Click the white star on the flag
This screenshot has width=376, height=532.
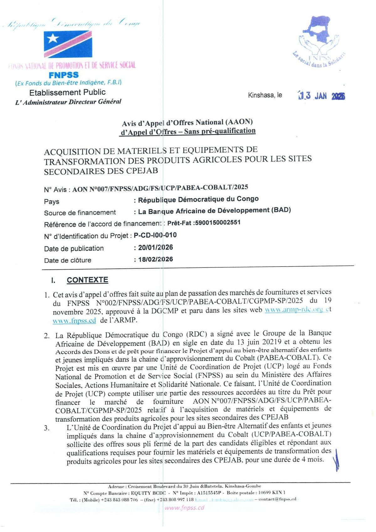[x=53, y=38]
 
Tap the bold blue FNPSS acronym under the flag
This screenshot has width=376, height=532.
[x=64, y=75]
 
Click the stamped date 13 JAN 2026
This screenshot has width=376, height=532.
[x=321, y=96]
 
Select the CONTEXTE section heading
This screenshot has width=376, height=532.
[x=87, y=280]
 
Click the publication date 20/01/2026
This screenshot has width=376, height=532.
[x=155, y=247]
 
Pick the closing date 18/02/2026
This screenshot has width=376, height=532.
[x=155, y=259]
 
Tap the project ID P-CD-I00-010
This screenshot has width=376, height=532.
[x=155, y=235]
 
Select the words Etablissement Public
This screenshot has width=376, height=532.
[x=67, y=92]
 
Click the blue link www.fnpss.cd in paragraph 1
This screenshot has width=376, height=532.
[x=74, y=321]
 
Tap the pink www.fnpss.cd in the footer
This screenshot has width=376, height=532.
[x=184, y=508]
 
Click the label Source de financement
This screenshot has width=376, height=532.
[x=80, y=212]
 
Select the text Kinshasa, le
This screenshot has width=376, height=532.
[x=265, y=95]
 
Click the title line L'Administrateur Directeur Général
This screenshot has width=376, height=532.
[x=68, y=102]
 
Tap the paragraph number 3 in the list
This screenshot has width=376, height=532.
[x=47, y=428]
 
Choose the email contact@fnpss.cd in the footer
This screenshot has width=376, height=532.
[x=277, y=499]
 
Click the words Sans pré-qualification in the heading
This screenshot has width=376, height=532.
[x=220, y=131]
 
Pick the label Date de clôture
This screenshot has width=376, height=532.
[x=68, y=260]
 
